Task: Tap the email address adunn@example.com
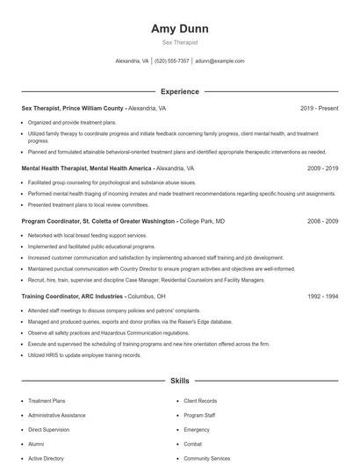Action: [220, 61]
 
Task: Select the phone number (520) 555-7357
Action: [172, 61]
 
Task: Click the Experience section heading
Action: [179, 91]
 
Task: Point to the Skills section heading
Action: [179, 382]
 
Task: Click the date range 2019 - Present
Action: [319, 109]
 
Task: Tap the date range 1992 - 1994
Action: [322, 297]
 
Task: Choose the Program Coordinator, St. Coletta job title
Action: [98, 222]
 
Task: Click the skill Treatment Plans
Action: [47, 400]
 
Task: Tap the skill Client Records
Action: [200, 400]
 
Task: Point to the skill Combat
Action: [193, 444]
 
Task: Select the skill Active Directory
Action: [46, 458]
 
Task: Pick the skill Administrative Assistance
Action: [57, 414]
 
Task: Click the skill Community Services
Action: [207, 458]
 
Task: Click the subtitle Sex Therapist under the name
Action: [179, 42]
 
